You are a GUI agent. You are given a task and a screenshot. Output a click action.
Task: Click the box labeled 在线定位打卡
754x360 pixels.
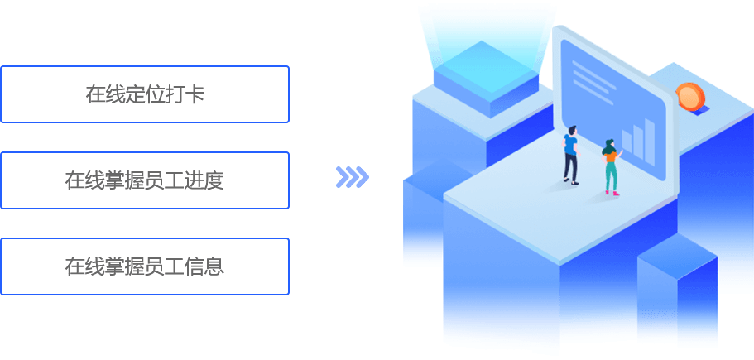[145, 94]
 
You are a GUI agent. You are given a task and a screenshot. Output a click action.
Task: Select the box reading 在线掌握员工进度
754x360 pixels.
[145, 180]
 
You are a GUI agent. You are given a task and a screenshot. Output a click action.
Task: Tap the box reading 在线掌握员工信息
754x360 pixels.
[145, 266]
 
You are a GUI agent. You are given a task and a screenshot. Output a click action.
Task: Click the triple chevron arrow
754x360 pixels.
[352, 177]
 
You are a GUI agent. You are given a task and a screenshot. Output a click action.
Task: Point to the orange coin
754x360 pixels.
[688, 97]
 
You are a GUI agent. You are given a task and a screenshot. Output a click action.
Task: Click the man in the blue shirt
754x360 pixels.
[570, 153]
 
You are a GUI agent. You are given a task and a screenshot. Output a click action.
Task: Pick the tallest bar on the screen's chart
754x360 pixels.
[650, 135]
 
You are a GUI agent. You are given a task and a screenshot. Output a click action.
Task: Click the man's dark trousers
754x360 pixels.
[570, 168]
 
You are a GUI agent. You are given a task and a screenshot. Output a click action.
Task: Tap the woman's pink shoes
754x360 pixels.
[611, 193]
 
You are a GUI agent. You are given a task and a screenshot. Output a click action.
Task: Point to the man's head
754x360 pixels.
[570, 130]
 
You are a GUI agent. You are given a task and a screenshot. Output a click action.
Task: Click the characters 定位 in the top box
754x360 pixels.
[145, 94]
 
